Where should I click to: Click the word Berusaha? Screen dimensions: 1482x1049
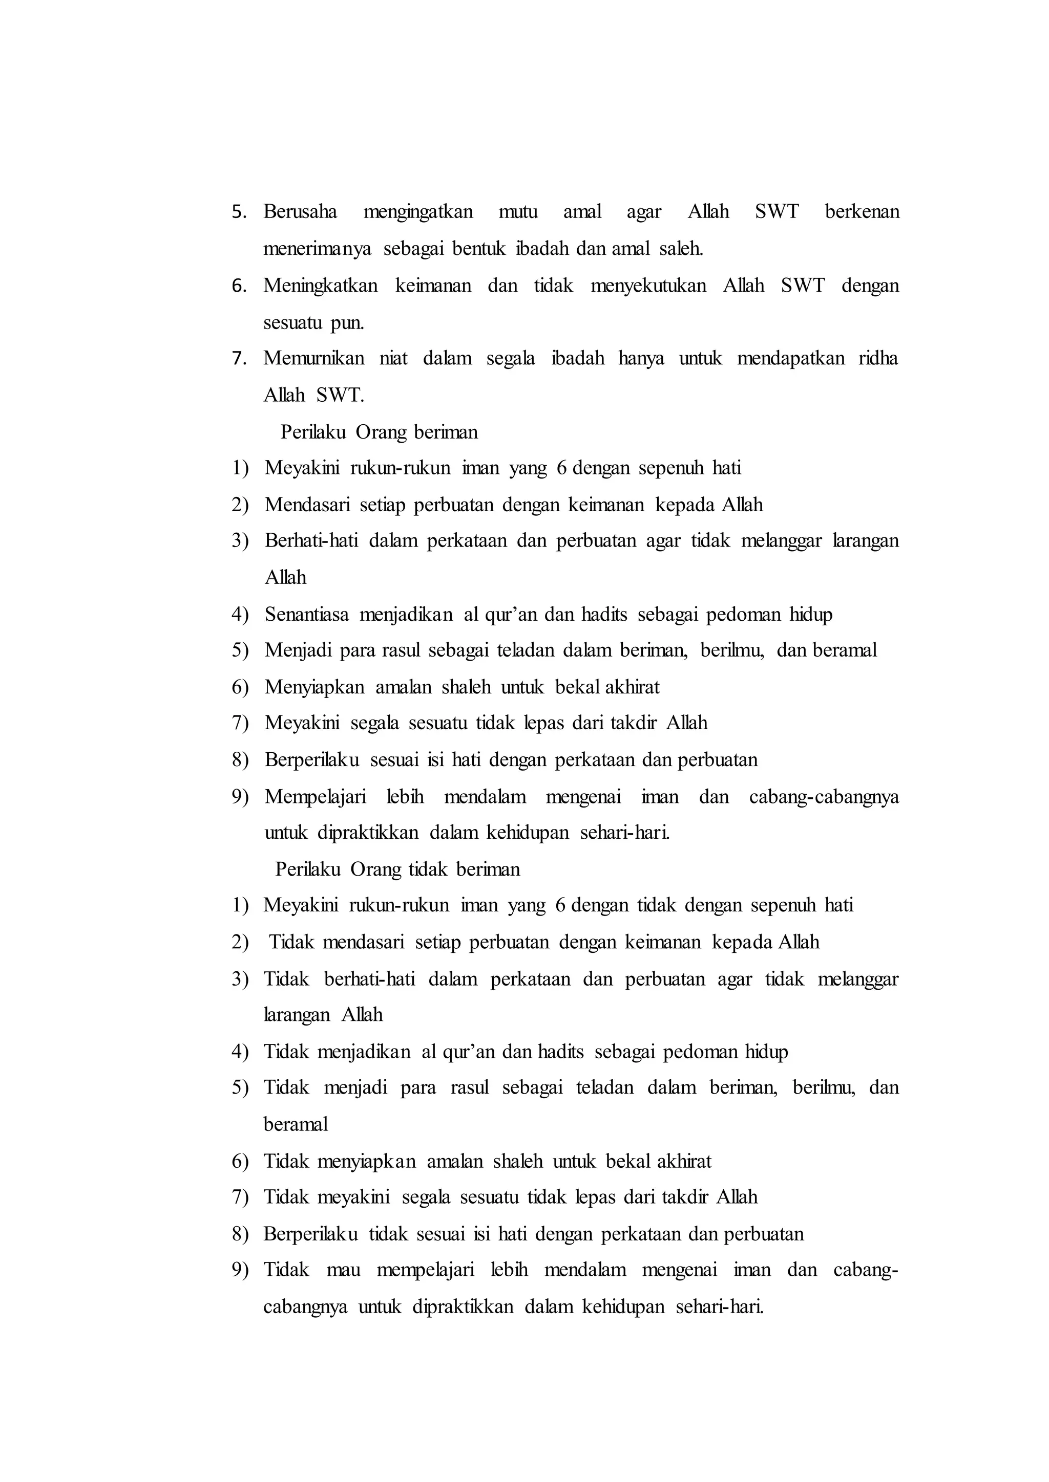click(x=300, y=212)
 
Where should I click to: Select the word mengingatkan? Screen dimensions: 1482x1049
click(x=418, y=212)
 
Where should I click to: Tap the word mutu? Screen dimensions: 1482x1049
click(x=518, y=212)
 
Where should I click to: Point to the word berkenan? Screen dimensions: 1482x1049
click(x=862, y=212)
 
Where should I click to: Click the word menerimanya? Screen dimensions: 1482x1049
click(x=317, y=249)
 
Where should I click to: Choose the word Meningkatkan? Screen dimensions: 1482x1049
click(x=320, y=286)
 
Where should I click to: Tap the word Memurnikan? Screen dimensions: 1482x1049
click(x=313, y=358)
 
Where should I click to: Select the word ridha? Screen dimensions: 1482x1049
click(x=878, y=358)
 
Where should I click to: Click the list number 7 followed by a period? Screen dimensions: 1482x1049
click(x=240, y=358)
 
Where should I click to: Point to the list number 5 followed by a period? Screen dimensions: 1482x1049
click(x=240, y=212)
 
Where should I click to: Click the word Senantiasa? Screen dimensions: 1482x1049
click(x=306, y=615)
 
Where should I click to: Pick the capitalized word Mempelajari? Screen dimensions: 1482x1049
click(x=315, y=797)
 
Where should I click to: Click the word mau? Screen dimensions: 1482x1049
click(x=343, y=1270)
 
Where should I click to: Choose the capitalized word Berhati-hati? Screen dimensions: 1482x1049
click(x=311, y=541)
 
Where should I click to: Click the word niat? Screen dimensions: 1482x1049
click(x=393, y=358)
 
